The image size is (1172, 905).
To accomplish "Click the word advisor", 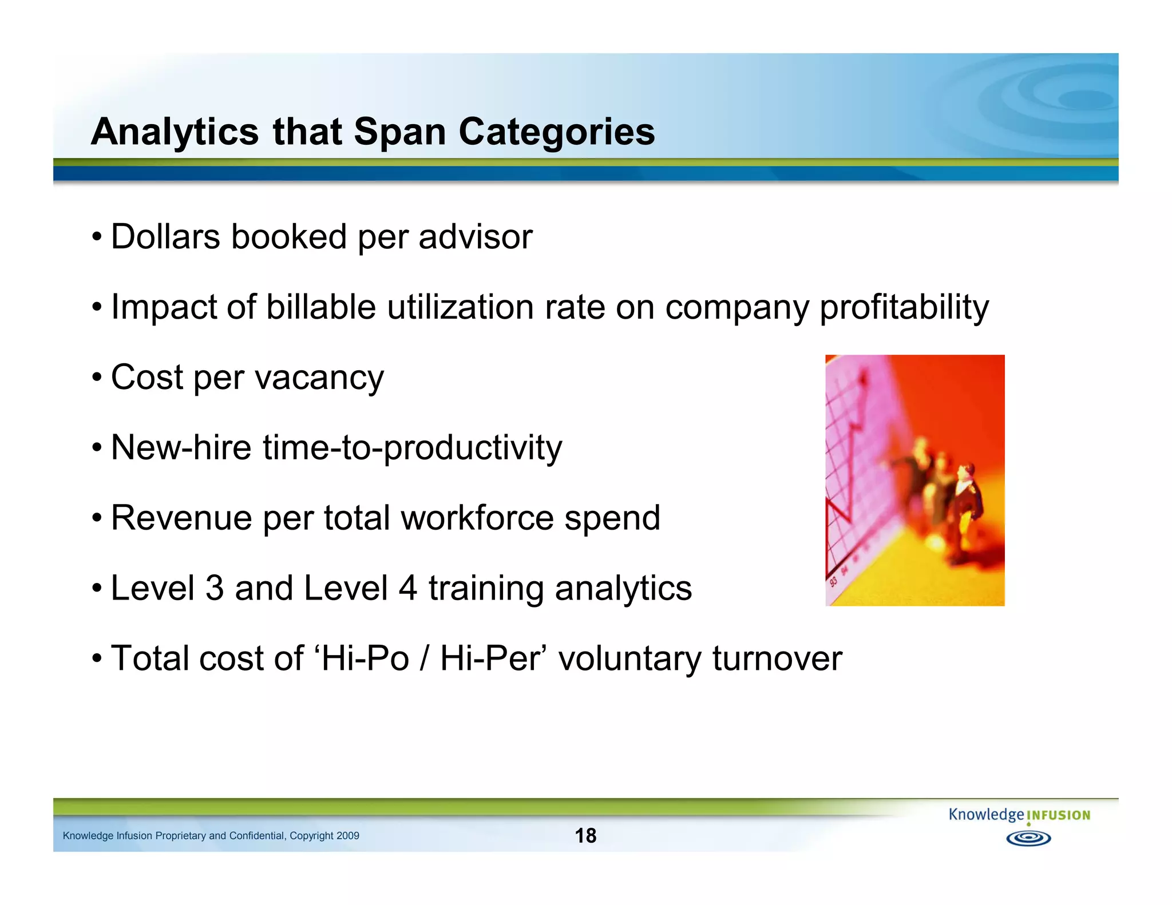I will point(475,237).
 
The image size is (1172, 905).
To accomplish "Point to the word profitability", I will point(904,308).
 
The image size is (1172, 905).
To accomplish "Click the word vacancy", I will point(319,378).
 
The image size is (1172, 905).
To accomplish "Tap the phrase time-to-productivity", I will point(412,448).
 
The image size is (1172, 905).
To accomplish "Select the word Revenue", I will point(181,518).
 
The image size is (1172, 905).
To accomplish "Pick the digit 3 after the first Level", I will point(214,588).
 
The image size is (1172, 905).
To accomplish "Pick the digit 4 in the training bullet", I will point(407,588).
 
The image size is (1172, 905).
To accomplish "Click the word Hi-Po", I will point(365,658).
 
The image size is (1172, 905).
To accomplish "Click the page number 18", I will point(585,836).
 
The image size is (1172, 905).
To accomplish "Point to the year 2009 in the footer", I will point(348,836).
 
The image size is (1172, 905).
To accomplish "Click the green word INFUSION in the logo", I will point(1058,816).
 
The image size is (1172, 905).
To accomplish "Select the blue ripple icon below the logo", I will point(1028,839).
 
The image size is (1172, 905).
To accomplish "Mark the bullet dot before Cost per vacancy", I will point(97,378).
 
